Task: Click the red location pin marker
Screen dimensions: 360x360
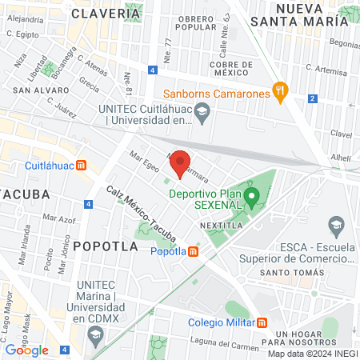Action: (180, 163)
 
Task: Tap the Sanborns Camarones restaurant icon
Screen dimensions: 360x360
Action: (279, 92)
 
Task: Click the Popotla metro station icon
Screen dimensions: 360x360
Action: (194, 251)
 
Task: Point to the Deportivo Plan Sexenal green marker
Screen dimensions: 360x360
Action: (252, 197)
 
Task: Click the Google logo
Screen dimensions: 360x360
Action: (26, 350)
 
